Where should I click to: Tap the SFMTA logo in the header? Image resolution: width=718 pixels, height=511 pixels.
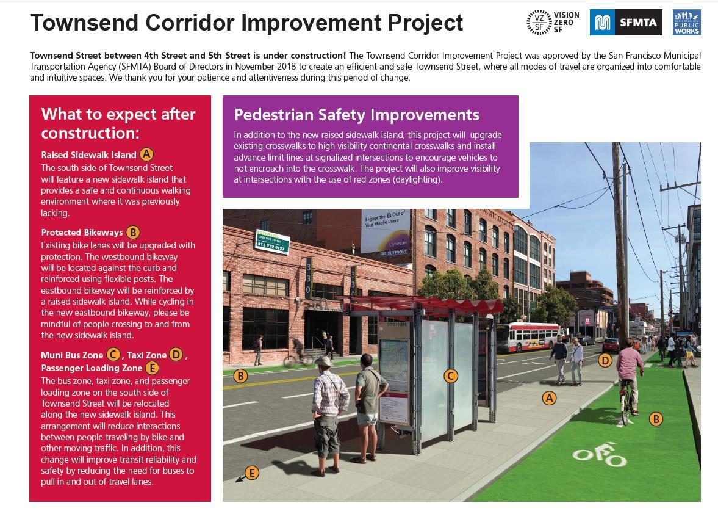(x=622, y=23)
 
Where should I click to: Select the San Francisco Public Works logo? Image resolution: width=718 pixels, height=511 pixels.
(x=686, y=23)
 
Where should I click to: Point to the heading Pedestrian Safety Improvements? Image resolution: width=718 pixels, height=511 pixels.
(x=357, y=115)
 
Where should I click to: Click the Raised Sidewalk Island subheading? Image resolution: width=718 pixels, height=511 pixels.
(x=88, y=154)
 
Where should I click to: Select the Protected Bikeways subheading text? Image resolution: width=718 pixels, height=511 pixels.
(x=82, y=233)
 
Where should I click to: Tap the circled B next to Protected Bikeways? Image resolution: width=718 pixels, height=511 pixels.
(x=133, y=232)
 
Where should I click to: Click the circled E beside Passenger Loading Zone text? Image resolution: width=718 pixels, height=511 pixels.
(x=153, y=368)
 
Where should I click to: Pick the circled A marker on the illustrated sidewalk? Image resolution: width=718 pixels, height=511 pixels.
(x=550, y=399)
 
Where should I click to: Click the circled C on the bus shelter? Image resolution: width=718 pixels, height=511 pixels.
(x=450, y=376)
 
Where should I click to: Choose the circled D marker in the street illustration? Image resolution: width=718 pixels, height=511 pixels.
(x=605, y=360)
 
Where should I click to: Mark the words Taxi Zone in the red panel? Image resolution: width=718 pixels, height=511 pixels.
(x=146, y=355)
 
